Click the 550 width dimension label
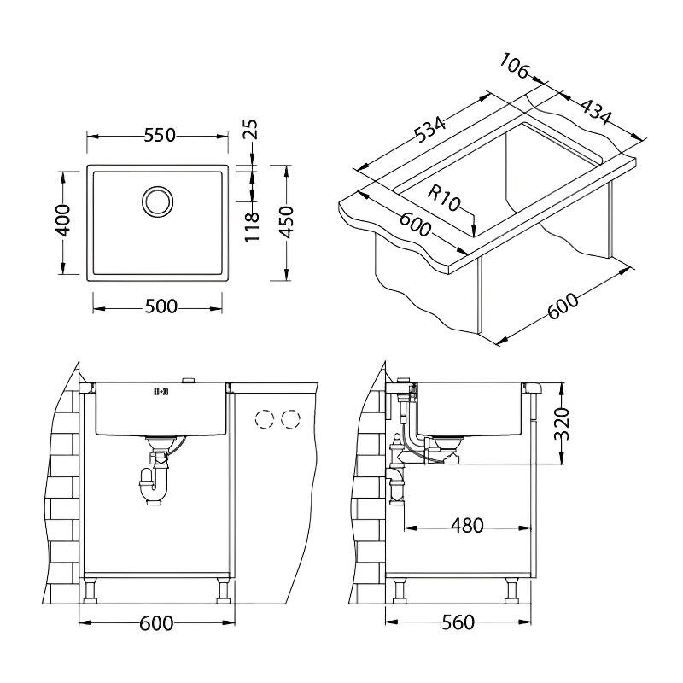pos(160,136)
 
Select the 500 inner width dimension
pos(161,306)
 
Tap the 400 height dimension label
pos(63,220)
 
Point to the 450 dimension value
pos(286,222)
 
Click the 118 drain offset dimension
pos(252,227)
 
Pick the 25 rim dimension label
pos(250,130)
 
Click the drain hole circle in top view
pos(157,201)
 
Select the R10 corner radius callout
pos(443,197)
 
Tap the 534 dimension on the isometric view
pos(429,130)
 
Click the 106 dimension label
pos(514,66)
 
